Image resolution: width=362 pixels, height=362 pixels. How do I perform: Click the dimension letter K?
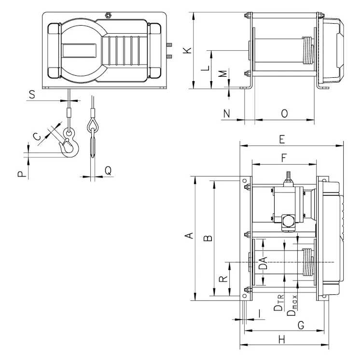click(x=189, y=50)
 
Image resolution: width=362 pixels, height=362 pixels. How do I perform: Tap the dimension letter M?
click(x=223, y=74)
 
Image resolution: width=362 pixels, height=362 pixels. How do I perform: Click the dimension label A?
click(x=190, y=236)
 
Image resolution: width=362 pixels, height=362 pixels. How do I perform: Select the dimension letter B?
click(x=207, y=238)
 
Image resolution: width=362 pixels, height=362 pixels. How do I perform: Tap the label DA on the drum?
click(x=263, y=263)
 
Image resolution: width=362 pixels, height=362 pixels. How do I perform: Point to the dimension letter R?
click(x=223, y=279)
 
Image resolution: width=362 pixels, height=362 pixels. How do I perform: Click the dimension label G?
click(x=300, y=325)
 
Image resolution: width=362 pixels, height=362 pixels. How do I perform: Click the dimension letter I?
click(x=261, y=314)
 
